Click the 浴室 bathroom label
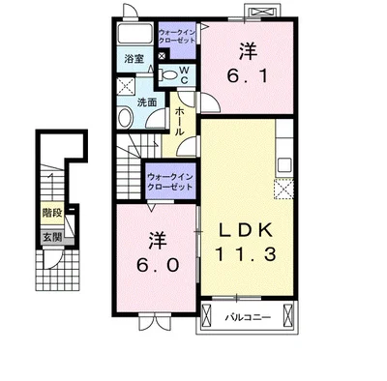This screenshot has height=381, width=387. pos(134,59)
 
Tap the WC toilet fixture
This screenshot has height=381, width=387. pos(167,75)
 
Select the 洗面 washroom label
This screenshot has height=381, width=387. pos(147,103)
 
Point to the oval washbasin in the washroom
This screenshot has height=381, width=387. pos(125,117)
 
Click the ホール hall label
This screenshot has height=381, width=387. pos(180,121)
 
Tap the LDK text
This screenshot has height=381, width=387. pos(246,230)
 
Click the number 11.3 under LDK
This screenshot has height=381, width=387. pos(246,254)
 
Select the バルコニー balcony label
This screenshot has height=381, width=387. pos(248,317)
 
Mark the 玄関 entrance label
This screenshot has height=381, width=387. pos(52,238)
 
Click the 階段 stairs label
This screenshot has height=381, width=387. pos(52,213)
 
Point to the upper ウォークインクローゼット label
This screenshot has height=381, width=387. pos(177,37)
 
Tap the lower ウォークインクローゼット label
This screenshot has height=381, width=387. pos(170,182)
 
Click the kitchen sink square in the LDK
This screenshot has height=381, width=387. pos(284,165)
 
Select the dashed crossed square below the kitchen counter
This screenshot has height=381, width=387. pos(283,190)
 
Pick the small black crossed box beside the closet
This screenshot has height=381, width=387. pos(162,56)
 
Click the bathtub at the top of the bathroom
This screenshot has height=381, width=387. pos(135,34)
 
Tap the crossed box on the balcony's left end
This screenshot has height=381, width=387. pos(206,315)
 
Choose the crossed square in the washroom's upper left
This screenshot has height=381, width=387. pos(125,86)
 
